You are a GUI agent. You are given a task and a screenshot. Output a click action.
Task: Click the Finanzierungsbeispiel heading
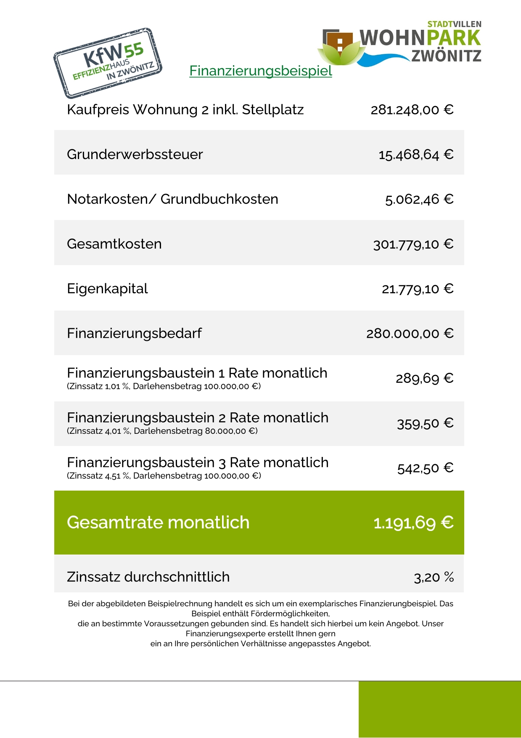point(261,71)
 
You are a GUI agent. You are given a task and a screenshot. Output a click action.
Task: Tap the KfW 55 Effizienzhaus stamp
point(108,63)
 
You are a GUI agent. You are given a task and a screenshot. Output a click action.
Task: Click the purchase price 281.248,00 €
point(412,110)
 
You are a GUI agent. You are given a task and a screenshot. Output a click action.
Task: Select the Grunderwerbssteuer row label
point(135,154)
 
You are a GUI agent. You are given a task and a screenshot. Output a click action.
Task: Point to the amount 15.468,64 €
point(415,155)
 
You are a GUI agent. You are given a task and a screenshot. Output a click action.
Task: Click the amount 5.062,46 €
point(419,199)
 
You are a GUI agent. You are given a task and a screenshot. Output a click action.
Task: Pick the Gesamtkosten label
point(114,244)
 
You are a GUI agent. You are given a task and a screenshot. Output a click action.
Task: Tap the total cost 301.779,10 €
point(413,244)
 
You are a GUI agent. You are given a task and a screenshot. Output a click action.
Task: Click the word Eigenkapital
point(107,289)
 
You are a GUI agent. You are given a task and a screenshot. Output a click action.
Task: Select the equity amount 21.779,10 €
point(417,289)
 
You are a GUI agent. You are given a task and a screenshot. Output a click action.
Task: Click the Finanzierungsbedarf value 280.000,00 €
point(410,334)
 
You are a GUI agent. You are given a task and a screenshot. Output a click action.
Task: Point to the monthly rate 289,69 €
point(424,378)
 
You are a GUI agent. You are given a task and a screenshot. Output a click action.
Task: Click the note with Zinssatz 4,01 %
point(162,431)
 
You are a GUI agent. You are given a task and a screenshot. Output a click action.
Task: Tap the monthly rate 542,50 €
point(425,468)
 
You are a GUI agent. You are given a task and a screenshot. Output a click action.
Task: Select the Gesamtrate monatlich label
point(158,523)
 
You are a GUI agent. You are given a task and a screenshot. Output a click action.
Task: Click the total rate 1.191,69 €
point(413,523)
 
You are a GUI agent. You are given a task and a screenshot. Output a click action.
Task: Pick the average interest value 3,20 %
point(434,577)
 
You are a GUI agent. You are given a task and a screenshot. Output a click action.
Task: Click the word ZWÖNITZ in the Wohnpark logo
point(446,56)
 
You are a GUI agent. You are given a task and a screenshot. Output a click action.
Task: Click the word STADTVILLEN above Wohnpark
point(454,24)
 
